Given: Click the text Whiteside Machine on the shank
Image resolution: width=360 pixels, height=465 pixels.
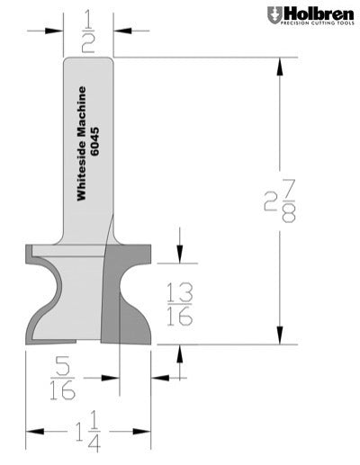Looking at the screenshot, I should (81, 143).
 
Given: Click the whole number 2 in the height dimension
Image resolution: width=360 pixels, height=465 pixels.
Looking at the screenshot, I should (270, 201).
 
